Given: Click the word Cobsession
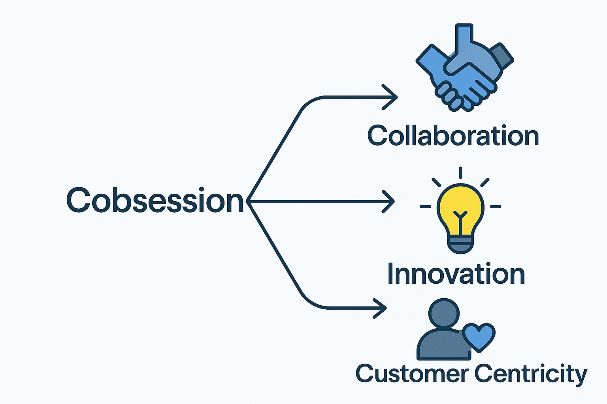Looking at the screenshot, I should [x=155, y=200].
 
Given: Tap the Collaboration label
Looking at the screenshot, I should [x=453, y=136].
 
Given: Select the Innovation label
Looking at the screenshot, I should [x=456, y=274].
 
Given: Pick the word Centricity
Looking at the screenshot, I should [x=530, y=373].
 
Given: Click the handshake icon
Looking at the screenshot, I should [x=465, y=71].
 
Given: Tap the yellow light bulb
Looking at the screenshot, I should [x=460, y=209].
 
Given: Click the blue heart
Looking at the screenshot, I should [x=479, y=336].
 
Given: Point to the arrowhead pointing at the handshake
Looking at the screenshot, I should [x=391, y=97].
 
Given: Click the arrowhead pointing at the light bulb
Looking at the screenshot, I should [x=389, y=202].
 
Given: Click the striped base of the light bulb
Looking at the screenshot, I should [x=460, y=243].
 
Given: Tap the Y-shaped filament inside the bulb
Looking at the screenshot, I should [x=460, y=217].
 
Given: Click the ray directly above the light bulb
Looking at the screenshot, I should [x=460, y=173].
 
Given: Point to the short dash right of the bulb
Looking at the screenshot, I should [x=495, y=206].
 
